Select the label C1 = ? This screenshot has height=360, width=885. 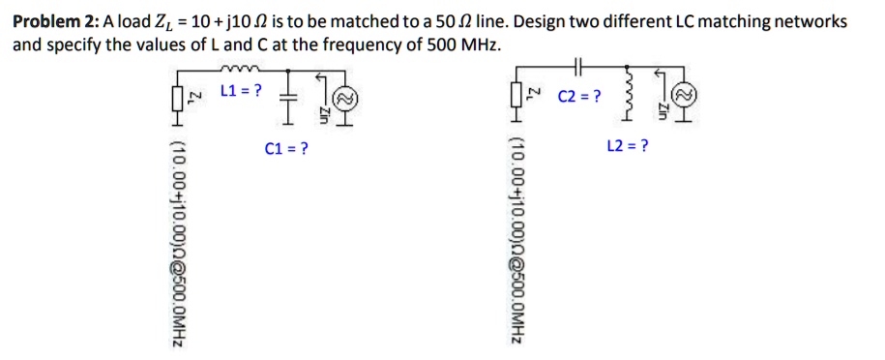[x=285, y=149]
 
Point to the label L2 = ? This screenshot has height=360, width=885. [x=627, y=146]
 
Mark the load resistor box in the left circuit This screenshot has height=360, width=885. [x=178, y=100]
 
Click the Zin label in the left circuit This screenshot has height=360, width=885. [x=324, y=112]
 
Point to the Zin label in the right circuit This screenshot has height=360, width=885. [x=664, y=112]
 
